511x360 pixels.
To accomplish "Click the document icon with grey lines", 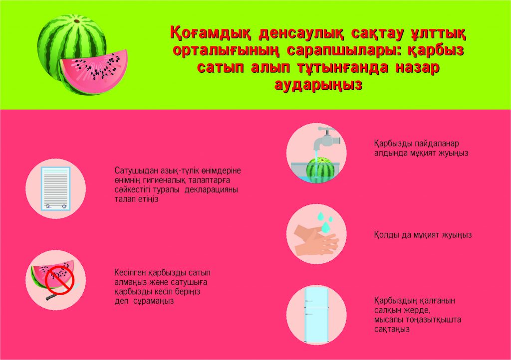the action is click(55, 188).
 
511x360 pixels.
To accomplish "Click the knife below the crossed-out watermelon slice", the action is click(62, 293).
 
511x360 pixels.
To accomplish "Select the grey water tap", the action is click(327, 138).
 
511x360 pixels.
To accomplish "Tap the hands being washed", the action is click(316, 241).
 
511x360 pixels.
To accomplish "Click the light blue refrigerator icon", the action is click(316, 316).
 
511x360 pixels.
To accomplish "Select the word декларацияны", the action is click(211, 190).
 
